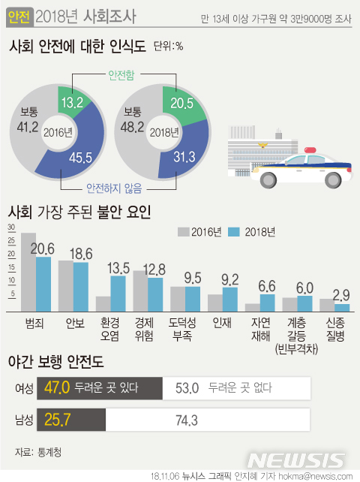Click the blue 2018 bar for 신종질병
pos(341,307)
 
